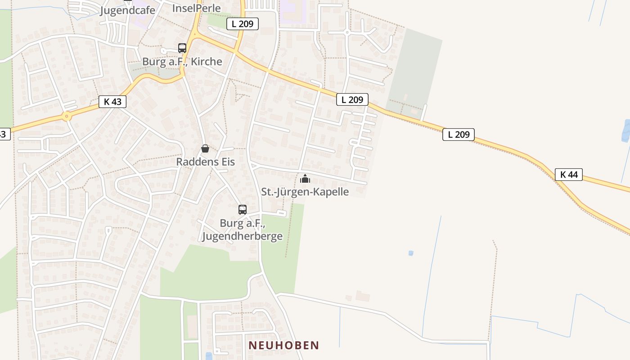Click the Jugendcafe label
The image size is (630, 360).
(x=128, y=10)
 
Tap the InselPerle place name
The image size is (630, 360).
(x=197, y=8)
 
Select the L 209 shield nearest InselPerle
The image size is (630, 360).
(x=243, y=24)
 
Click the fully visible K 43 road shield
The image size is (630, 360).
(x=112, y=102)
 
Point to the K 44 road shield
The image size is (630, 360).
(x=569, y=175)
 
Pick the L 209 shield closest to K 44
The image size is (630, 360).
(x=459, y=134)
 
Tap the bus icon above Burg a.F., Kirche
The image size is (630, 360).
(x=182, y=48)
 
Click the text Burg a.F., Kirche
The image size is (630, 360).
(x=182, y=62)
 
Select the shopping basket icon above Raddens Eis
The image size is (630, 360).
(x=205, y=148)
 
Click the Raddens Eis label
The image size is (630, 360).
(x=205, y=162)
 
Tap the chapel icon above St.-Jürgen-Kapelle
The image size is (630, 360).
(x=305, y=179)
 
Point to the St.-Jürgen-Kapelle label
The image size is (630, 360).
(x=305, y=192)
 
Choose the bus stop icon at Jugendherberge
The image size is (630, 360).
(x=243, y=210)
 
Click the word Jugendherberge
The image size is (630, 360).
(x=243, y=236)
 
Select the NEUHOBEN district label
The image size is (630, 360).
(x=284, y=345)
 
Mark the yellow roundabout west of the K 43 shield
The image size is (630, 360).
(x=67, y=117)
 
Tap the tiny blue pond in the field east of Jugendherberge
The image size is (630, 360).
(x=410, y=253)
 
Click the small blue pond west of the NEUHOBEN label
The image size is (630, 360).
(x=209, y=356)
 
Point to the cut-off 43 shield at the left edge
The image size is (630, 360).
(x=4, y=134)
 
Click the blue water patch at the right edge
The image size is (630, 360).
(x=626, y=131)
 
